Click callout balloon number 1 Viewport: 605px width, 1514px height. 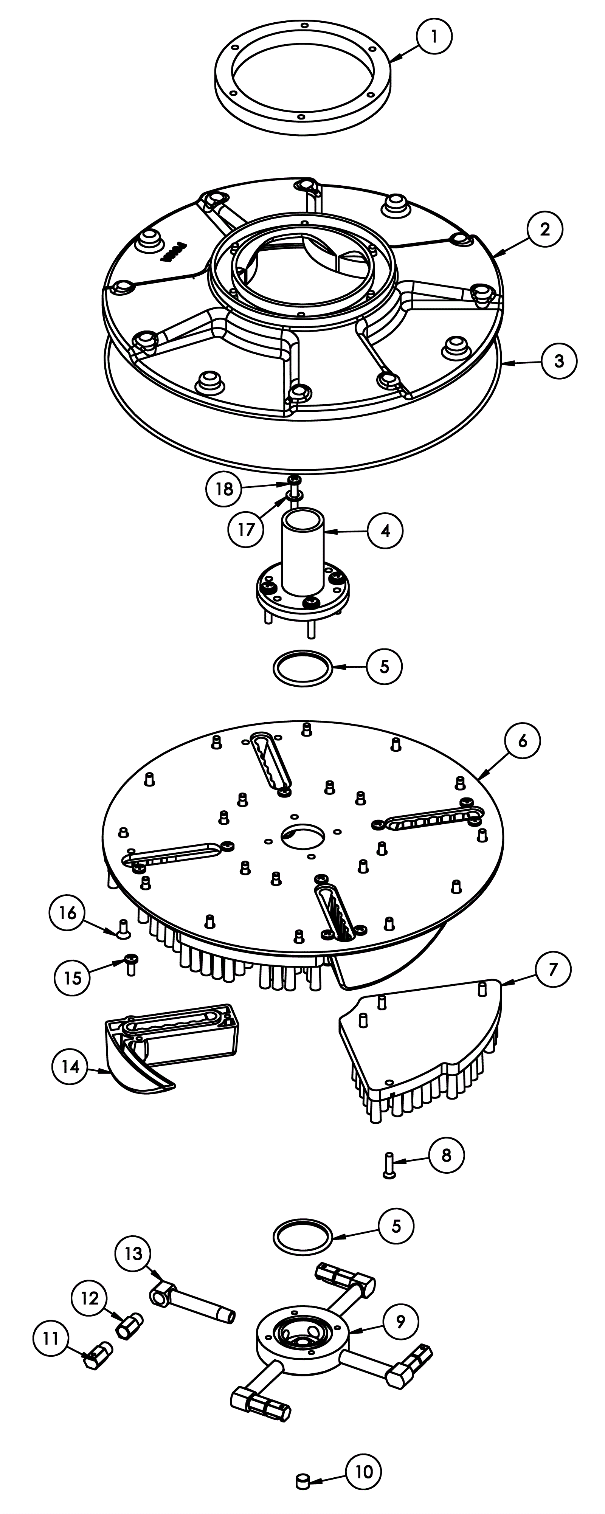pyautogui.click(x=434, y=36)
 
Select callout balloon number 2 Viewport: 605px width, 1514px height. pyautogui.click(x=544, y=229)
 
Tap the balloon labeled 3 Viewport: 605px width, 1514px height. pyautogui.click(x=558, y=361)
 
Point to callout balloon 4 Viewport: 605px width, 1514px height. pyautogui.click(x=385, y=531)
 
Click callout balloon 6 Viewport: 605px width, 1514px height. pyautogui.click(x=523, y=741)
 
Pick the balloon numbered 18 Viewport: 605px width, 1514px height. pyautogui.click(x=224, y=489)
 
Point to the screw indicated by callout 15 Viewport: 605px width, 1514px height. pyautogui.click(x=130, y=965)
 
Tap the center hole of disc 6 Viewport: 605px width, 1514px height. pyautogui.click(x=303, y=836)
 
